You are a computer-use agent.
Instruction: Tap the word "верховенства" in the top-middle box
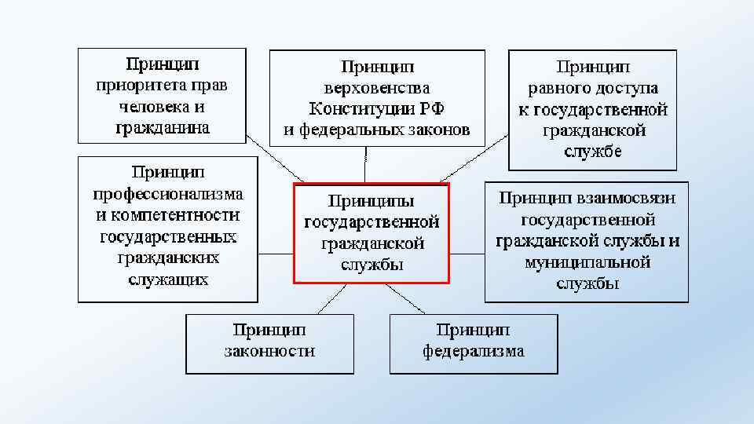(x=377, y=88)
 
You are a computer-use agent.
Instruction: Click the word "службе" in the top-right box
(x=592, y=152)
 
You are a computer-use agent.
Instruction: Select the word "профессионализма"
(x=168, y=193)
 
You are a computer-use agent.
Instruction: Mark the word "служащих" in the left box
(x=168, y=279)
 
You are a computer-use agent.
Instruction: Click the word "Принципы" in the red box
(x=371, y=200)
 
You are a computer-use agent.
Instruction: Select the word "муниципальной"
(x=587, y=262)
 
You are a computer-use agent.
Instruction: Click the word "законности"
(x=269, y=351)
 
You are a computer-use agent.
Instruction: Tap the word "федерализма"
(x=474, y=351)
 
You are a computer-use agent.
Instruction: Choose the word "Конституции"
(x=358, y=108)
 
